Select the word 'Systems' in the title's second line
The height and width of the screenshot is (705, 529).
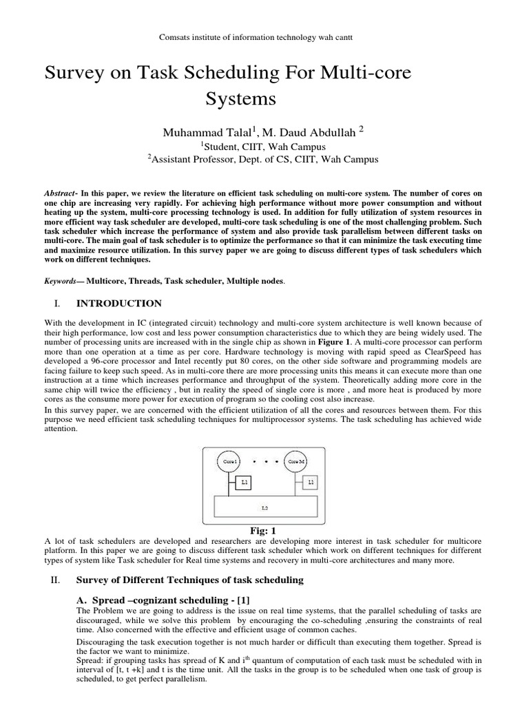click(x=240, y=98)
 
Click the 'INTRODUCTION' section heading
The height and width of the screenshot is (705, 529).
click(x=119, y=303)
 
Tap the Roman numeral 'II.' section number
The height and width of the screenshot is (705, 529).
click(x=57, y=580)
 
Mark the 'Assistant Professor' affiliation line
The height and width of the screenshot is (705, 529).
click(x=264, y=160)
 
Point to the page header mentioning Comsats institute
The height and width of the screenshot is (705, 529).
click(x=264, y=34)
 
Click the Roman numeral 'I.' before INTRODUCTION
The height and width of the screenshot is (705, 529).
click(x=57, y=303)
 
